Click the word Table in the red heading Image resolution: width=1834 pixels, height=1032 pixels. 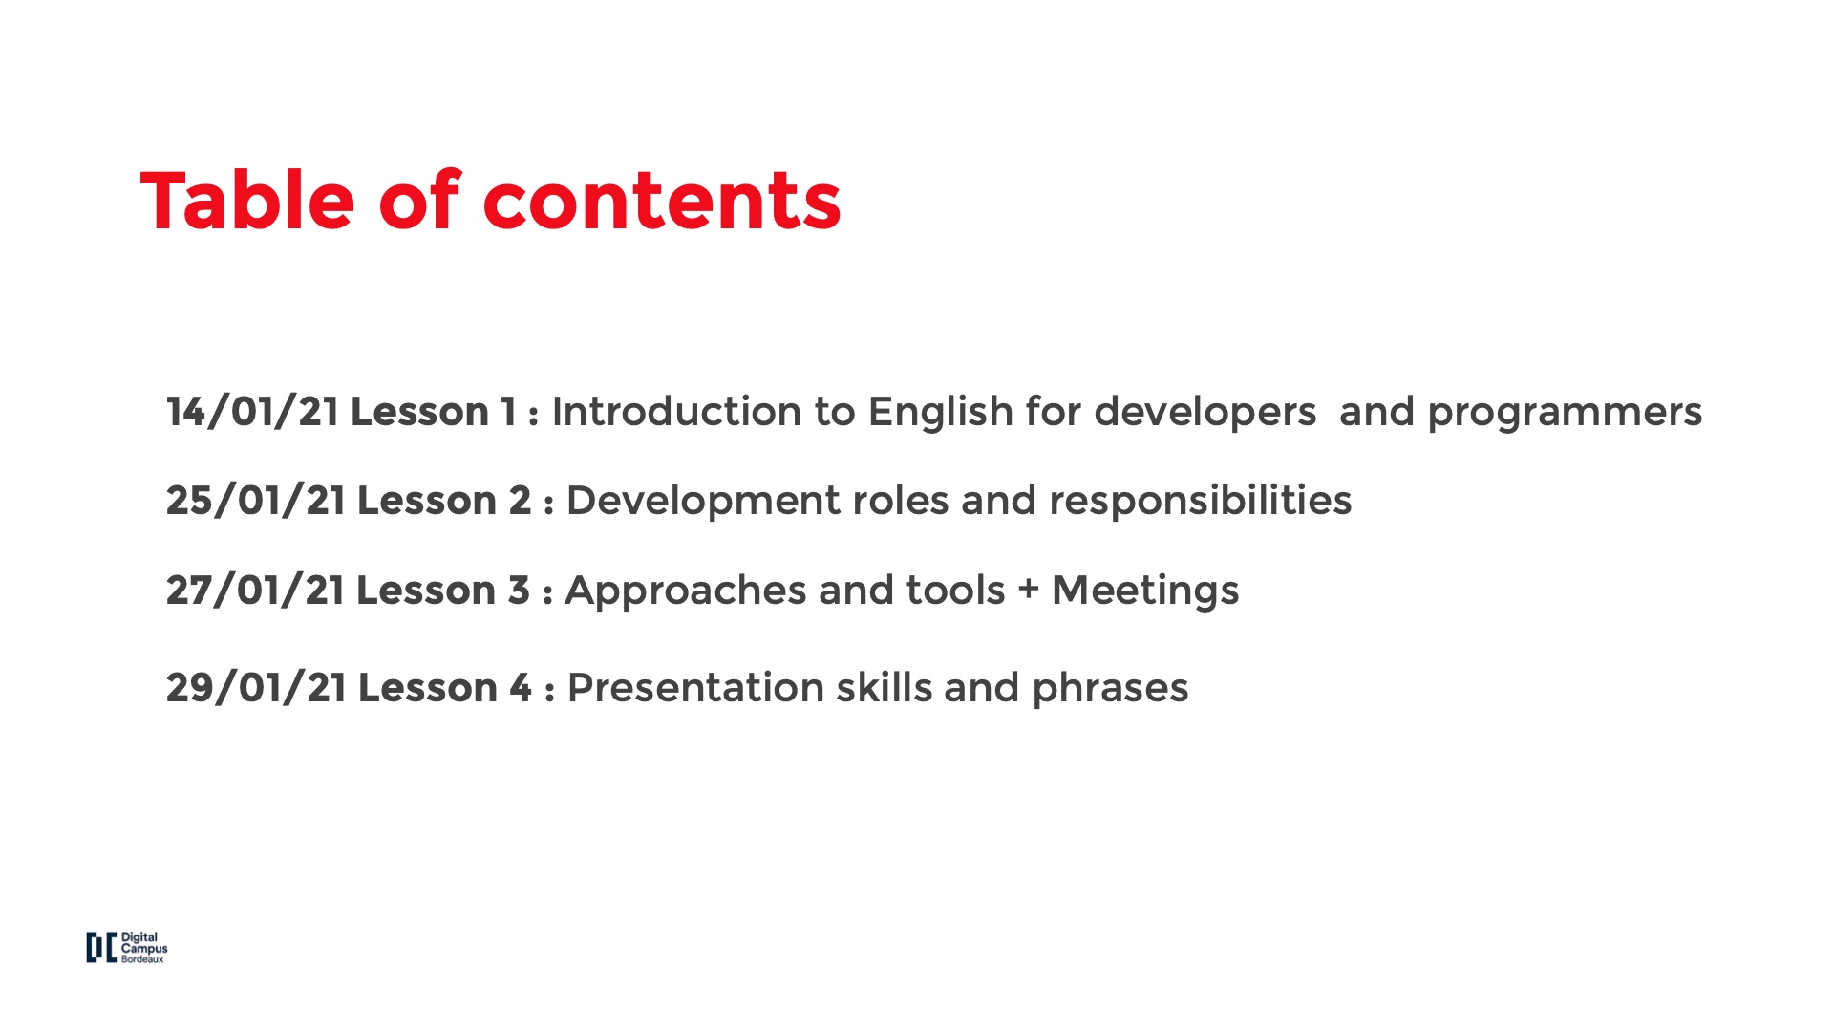pyautogui.click(x=247, y=201)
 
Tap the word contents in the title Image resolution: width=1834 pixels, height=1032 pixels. pyautogui.click(x=662, y=203)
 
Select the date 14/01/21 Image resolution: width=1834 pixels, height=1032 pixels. pyautogui.click(x=253, y=412)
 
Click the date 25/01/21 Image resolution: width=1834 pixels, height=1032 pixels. pyautogui.click(x=256, y=501)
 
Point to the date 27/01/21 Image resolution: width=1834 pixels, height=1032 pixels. pyautogui.click(x=255, y=591)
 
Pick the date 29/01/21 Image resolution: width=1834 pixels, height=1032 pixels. pyautogui.click(x=256, y=688)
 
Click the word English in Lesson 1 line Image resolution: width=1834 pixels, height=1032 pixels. pyautogui.click(x=941, y=413)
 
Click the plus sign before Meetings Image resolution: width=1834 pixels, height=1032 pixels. pyautogui.click(x=1029, y=590)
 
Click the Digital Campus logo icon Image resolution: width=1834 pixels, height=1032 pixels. pyautogui.click(x=102, y=947)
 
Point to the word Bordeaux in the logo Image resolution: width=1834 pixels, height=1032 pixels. pyautogui.click(x=142, y=959)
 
